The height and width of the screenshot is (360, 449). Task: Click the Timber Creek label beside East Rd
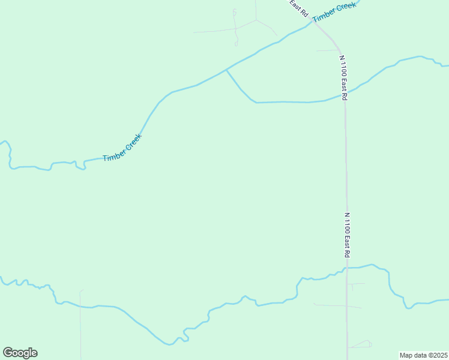(334, 12)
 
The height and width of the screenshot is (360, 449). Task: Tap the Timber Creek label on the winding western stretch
(122, 148)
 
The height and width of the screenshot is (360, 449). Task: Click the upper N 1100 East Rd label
(343, 77)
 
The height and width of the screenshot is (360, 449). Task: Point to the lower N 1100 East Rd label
(347, 235)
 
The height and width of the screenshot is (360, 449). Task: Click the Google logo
(20, 353)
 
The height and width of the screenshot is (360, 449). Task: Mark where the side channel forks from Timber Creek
(226, 70)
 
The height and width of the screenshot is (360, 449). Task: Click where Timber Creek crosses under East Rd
(312, 23)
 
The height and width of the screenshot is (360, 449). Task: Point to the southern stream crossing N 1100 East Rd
(347, 268)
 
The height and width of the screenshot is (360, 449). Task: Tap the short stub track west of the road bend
(327, 50)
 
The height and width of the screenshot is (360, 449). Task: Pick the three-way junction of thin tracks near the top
(256, 20)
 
